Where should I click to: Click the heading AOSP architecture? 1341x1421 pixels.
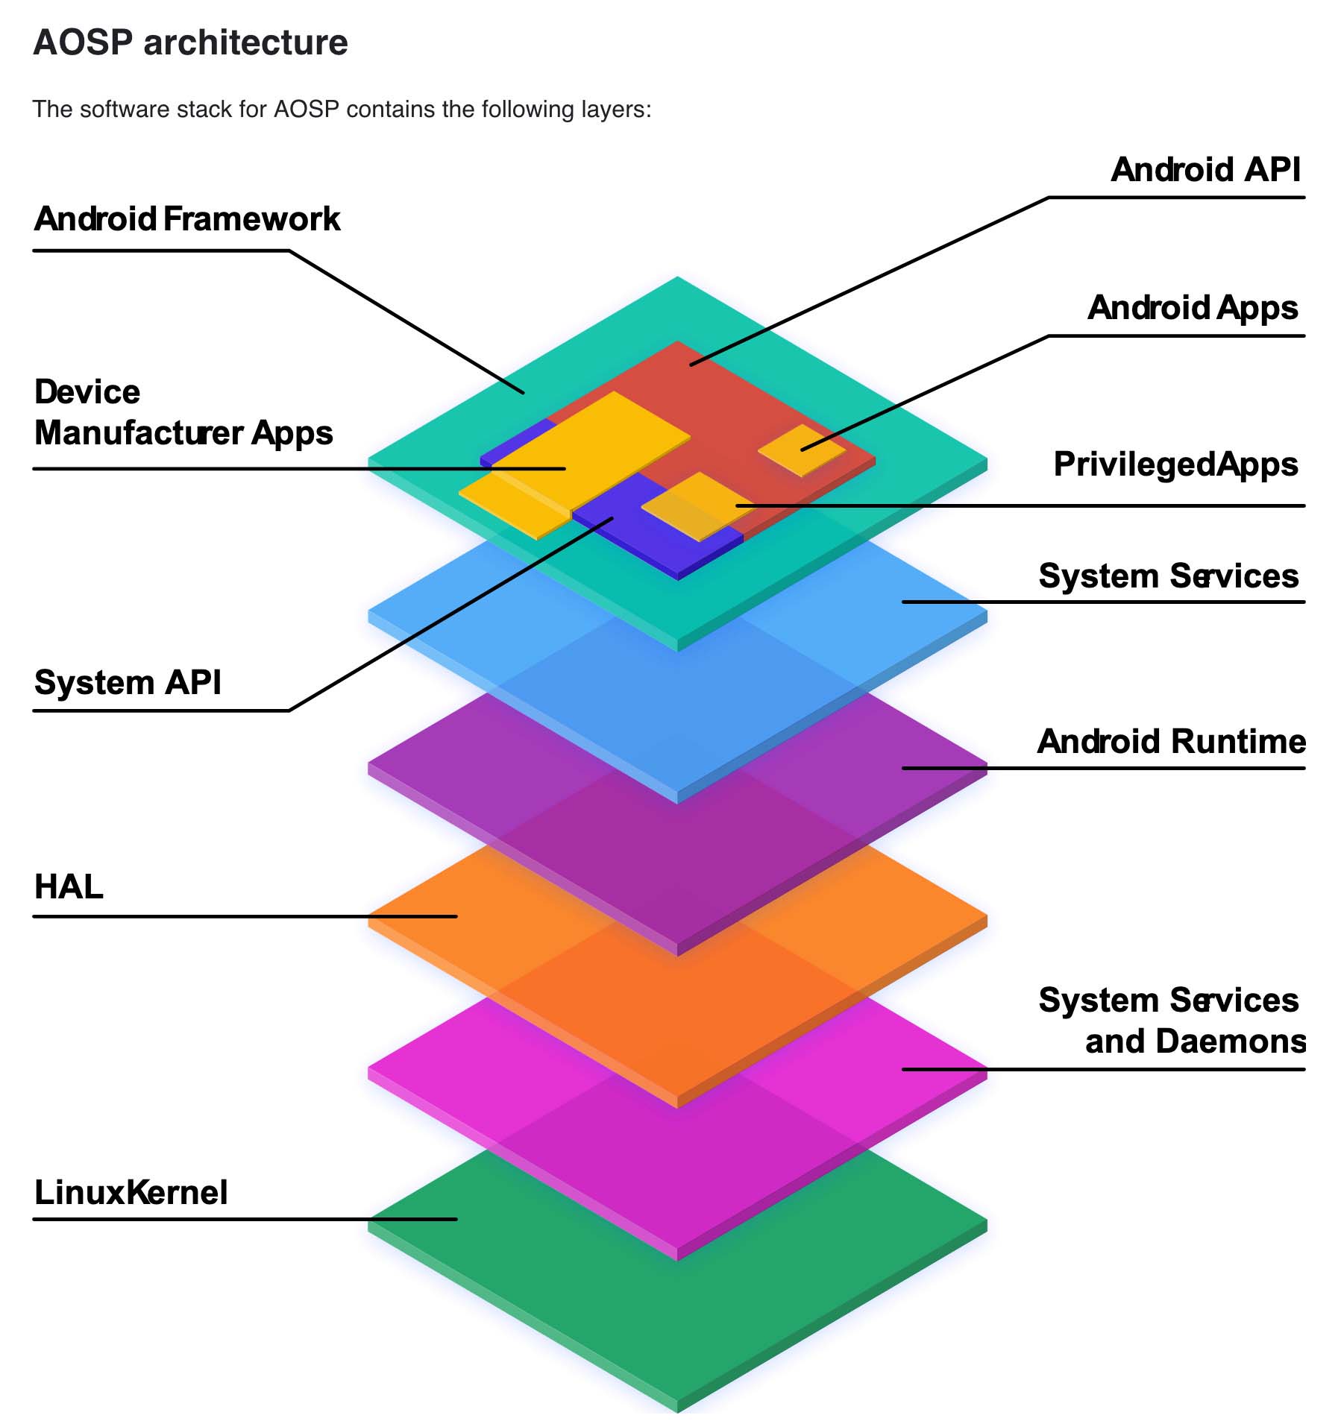pyautogui.click(x=190, y=42)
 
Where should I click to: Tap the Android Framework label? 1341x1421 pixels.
pyautogui.click(x=187, y=219)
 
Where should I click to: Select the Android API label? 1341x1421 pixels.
pyautogui.click(x=1205, y=170)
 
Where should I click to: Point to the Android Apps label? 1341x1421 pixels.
pyautogui.click(x=1193, y=308)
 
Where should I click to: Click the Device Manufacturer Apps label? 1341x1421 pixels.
pyautogui.click(x=183, y=412)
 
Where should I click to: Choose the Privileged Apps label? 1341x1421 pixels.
pyautogui.click(x=1175, y=464)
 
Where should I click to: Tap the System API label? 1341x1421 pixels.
pyautogui.click(x=128, y=683)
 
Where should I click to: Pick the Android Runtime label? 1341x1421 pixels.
pyautogui.click(x=1171, y=742)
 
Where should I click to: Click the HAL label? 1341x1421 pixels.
pyautogui.click(x=69, y=887)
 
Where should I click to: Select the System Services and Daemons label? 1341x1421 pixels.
pyautogui.click(x=1171, y=1021)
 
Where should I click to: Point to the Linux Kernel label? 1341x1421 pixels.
pyautogui.click(x=131, y=1193)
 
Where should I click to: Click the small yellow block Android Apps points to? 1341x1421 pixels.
pyautogui.click(x=802, y=450)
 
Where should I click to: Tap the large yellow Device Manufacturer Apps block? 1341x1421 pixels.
pyautogui.click(x=589, y=447)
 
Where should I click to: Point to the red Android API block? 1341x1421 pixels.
pyautogui.click(x=716, y=395)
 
